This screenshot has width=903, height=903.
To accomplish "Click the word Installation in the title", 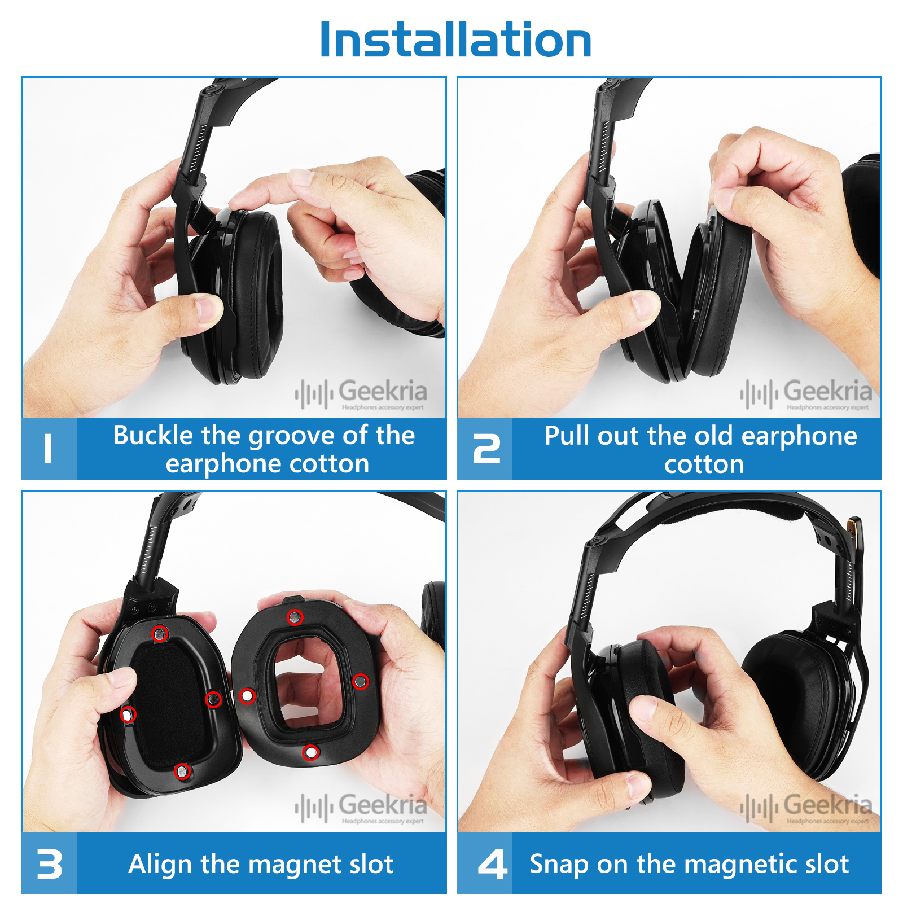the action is pos(455,40).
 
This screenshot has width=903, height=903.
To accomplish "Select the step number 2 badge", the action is pos(485,449).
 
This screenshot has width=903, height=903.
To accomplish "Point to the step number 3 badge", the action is pos(50,863).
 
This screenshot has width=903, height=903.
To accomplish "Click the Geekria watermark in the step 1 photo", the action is pos(361,394).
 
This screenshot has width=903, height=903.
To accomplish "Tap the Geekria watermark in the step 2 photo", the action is pos(806,394).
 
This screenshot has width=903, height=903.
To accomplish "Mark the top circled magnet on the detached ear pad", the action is pos(295,617).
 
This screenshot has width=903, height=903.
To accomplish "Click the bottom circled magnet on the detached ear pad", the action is pos(310,752).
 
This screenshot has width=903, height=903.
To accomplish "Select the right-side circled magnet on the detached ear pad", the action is pos(360,682).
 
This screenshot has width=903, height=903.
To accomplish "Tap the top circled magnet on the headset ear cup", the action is pos(160,634).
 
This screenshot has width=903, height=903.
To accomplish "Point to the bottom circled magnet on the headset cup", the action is pos(182,771).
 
